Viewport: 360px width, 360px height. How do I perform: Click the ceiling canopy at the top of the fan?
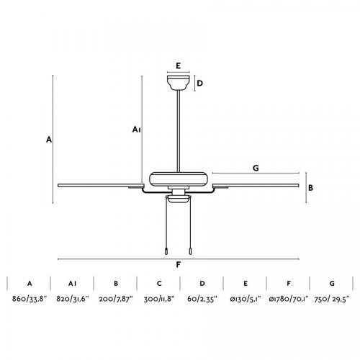[x=179, y=83]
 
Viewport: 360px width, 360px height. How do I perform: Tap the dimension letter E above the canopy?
[x=178, y=66]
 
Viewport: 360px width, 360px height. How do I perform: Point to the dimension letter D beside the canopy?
[x=199, y=84]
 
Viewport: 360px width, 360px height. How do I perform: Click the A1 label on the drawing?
[x=136, y=130]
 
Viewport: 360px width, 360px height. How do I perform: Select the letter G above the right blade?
[x=256, y=168]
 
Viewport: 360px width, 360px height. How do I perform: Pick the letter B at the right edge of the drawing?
[x=310, y=188]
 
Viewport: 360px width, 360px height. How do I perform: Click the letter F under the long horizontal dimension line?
[x=178, y=265]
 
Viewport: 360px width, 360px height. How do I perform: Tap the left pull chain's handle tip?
[x=166, y=251]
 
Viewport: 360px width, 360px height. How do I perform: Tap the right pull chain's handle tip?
[x=190, y=251]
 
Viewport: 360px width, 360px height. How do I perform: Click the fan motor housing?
[x=179, y=179]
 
